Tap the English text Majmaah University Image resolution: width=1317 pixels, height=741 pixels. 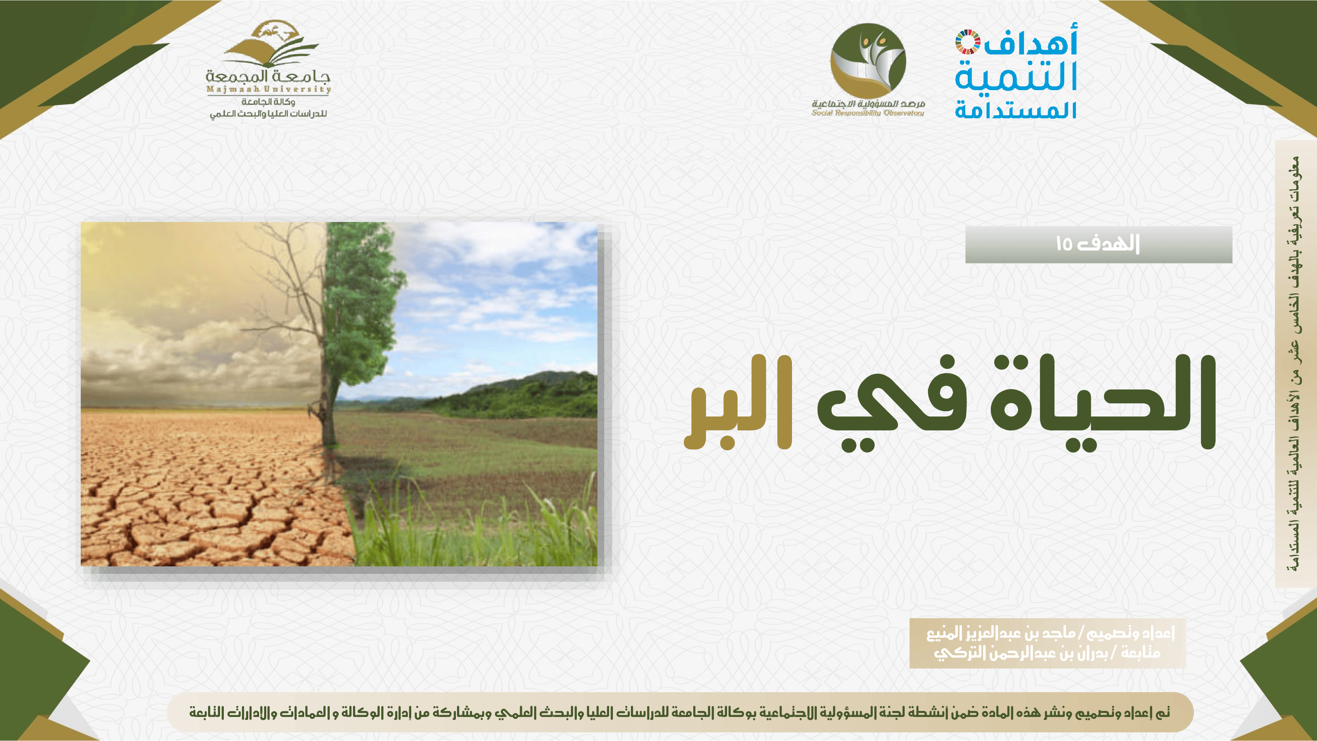(269, 89)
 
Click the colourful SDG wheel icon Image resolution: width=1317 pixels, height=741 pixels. (968, 42)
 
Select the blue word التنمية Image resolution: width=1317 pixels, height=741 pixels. (1016, 77)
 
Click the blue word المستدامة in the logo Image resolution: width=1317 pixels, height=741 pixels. (1016, 109)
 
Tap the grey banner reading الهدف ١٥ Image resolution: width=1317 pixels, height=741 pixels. (1099, 244)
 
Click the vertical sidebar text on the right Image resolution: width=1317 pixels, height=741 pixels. (1294, 364)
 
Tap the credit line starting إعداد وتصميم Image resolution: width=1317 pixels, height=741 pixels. (1051, 634)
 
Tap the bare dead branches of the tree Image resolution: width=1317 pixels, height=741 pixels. (286, 287)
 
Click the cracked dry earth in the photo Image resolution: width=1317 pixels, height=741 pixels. (215, 491)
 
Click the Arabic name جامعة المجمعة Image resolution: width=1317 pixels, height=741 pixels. (269, 76)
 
